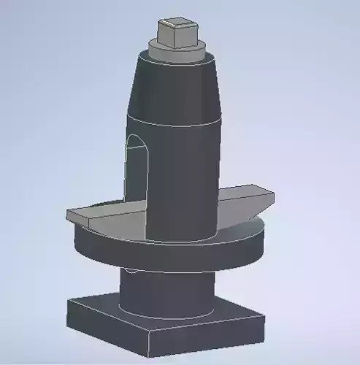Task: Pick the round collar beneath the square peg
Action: coord(175,49)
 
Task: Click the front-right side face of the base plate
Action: coord(212,337)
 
